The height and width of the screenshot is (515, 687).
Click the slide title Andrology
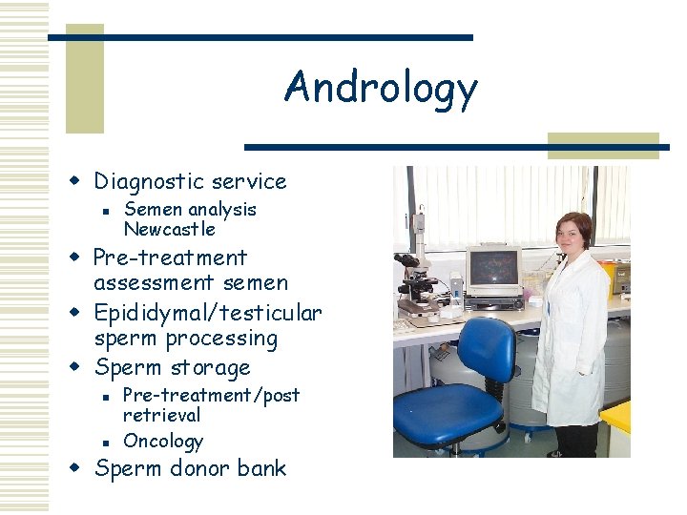(x=380, y=88)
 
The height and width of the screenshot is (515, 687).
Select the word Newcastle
(x=170, y=230)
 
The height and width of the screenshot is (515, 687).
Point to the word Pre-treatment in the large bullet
(x=170, y=258)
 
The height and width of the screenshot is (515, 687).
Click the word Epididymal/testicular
(x=207, y=313)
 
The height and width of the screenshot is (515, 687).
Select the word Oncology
(x=163, y=441)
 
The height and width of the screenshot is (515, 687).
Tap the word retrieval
(x=161, y=415)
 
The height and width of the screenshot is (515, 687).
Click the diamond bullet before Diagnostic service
(x=79, y=181)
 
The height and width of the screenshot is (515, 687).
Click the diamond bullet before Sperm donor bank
(x=79, y=468)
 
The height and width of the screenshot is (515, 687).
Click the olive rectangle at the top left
(x=84, y=78)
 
